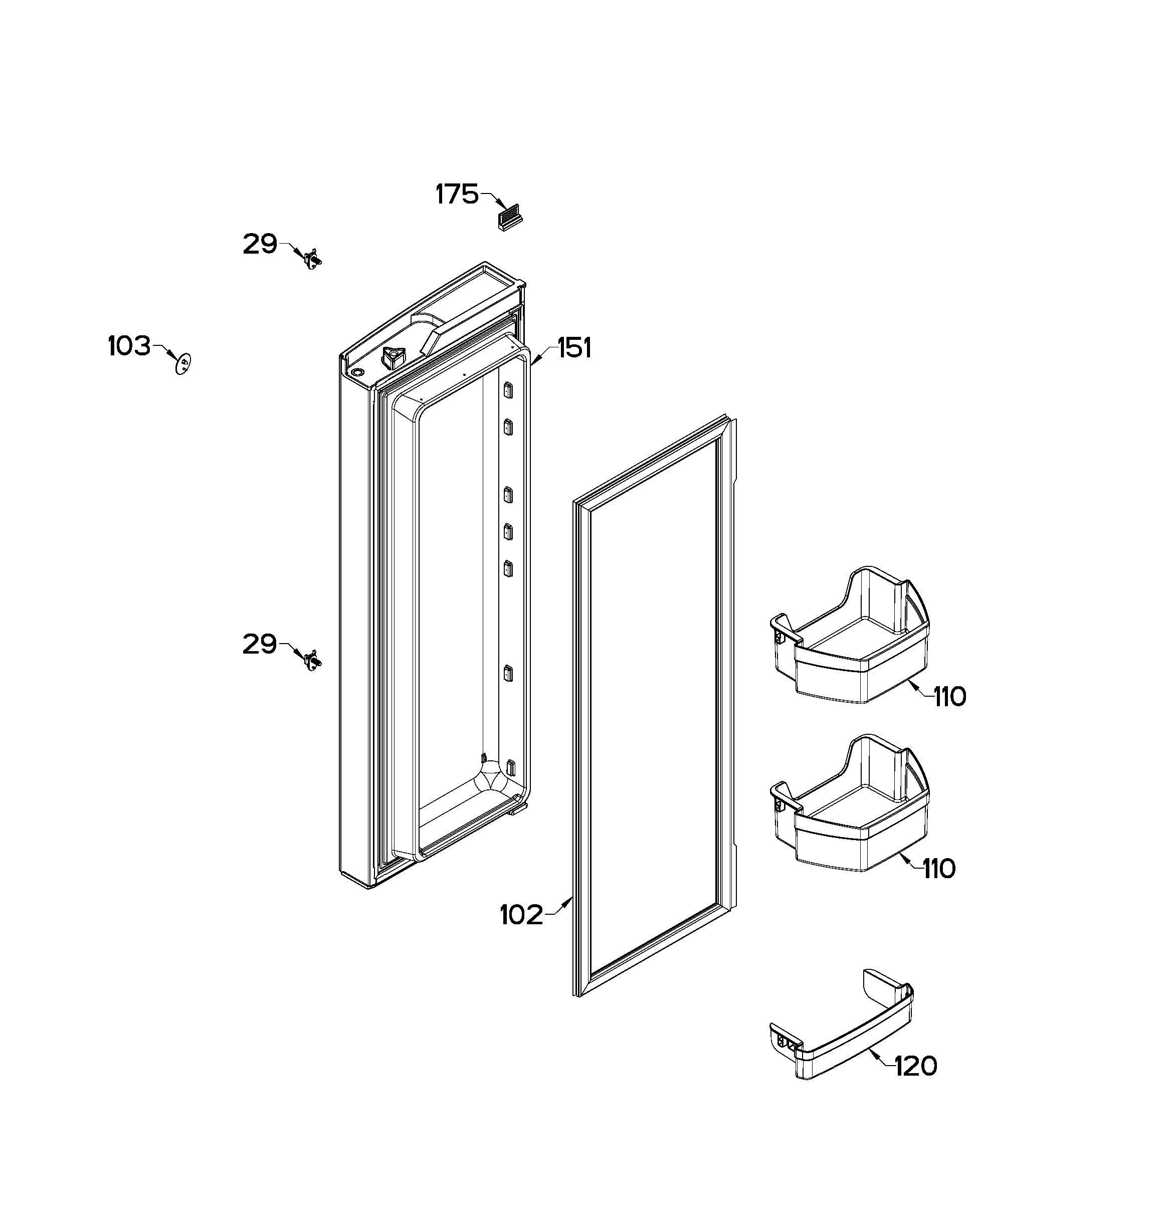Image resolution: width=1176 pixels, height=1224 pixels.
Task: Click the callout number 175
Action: click(457, 194)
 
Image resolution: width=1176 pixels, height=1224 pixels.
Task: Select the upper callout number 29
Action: click(260, 244)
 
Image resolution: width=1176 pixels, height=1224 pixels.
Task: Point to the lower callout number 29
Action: click(260, 644)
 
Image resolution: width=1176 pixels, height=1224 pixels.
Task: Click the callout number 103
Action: click(129, 345)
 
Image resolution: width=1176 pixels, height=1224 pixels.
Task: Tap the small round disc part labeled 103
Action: click(182, 363)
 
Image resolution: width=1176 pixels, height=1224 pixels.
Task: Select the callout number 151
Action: click(574, 348)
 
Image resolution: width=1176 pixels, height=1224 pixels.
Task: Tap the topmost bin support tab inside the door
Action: click(508, 390)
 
